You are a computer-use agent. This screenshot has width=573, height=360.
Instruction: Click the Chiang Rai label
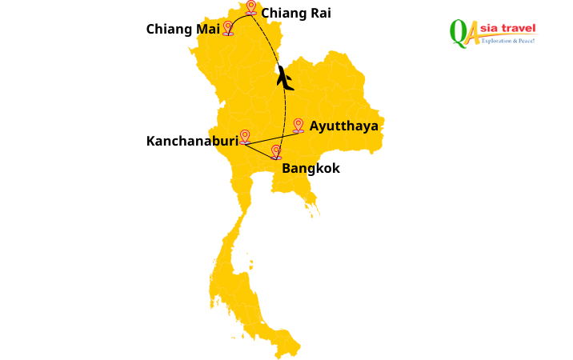click(296, 13)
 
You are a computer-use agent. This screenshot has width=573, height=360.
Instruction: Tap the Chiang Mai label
click(182, 29)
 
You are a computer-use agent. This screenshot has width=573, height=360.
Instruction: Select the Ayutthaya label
click(344, 126)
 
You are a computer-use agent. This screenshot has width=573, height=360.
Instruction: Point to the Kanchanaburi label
click(192, 141)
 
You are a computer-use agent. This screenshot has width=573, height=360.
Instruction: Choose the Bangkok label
click(311, 168)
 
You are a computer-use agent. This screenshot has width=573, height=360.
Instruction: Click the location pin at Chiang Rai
click(251, 7)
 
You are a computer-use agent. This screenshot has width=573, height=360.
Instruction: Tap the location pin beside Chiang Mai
click(228, 28)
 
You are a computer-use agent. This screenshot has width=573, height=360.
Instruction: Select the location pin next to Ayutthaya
click(298, 125)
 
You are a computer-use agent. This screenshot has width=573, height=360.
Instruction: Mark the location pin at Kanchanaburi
click(245, 137)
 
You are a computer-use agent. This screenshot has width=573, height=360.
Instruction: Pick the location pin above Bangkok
click(276, 151)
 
